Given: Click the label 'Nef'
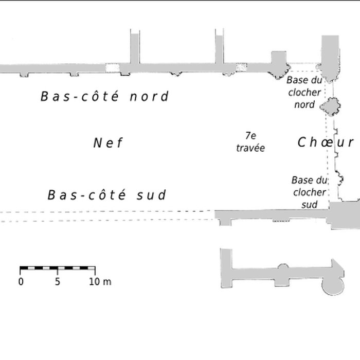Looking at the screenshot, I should [108, 143].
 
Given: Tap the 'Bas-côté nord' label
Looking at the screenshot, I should [104, 96].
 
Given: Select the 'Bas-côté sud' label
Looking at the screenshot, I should [107, 195].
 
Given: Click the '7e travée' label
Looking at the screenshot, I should [250, 141].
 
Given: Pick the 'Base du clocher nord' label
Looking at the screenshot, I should [304, 92].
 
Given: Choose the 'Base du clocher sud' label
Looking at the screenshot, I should [309, 192].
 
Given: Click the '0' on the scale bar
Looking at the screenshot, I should [21, 282].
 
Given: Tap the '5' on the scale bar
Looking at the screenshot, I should [58, 282].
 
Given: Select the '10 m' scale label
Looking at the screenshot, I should [100, 282].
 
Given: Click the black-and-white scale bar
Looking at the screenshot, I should [58, 268].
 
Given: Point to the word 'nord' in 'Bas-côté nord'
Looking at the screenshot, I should [149, 96].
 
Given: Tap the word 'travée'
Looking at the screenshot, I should [250, 148].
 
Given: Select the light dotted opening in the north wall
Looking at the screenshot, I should [112, 68].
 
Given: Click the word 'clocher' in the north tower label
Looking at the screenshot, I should [304, 93].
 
